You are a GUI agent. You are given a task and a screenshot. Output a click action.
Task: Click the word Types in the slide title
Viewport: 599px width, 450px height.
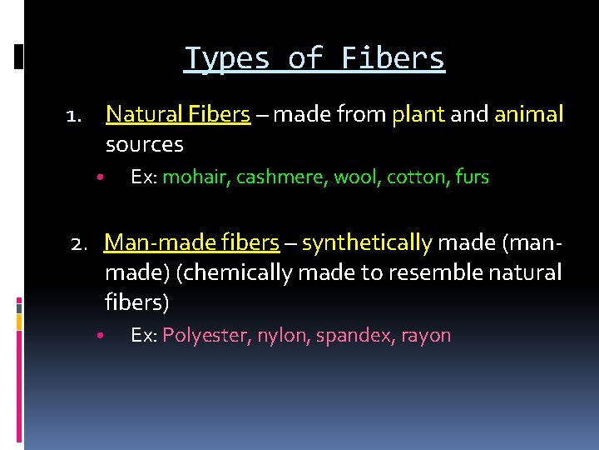click(227, 58)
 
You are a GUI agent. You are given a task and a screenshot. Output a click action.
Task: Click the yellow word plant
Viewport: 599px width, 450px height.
click(418, 113)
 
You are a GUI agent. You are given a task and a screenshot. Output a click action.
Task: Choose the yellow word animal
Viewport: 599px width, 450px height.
click(529, 113)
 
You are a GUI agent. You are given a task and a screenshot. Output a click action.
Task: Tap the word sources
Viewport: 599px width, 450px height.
click(144, 144)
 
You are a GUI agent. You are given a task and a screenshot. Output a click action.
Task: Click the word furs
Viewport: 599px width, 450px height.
click(473, 177)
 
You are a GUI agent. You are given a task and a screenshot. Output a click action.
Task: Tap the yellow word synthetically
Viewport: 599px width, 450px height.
click(367, 242)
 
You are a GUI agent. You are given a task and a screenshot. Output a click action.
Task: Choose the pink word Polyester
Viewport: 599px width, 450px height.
click(206, 336)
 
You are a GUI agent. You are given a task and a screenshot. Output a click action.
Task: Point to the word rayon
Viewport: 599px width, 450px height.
click(426, 336)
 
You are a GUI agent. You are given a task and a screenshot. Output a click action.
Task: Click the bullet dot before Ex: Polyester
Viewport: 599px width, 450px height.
click(98, 337)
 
